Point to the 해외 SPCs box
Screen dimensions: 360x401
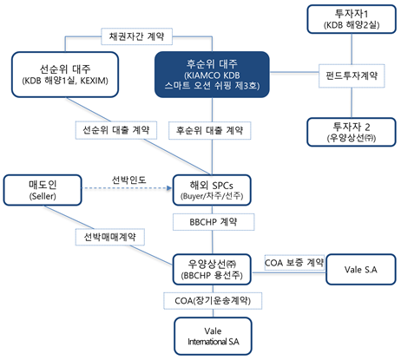pos(212,192)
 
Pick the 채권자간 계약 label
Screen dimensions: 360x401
pos(137,37)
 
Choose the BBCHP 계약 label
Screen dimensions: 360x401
pos(212,222)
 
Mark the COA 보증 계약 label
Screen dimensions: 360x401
pos(294,261)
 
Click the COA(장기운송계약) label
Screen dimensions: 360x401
pos(212,300)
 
